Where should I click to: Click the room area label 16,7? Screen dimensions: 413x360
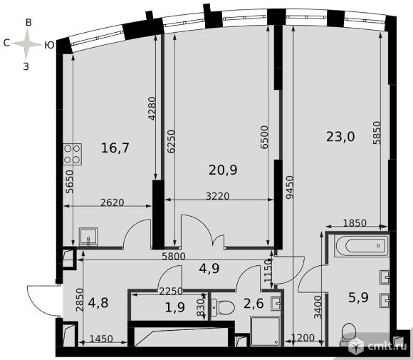[x=115, y=148]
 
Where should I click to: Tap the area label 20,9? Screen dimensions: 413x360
[x=223, y=170]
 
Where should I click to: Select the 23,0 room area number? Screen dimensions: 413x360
[x=340, y=137]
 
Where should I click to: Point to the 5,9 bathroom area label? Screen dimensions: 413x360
[x=358, y=297]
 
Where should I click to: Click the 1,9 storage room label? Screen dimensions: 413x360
[x=175, y=307]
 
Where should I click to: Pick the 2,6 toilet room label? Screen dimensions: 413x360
[x=253, y=303]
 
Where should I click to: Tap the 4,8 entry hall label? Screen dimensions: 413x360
[x=98, y=303]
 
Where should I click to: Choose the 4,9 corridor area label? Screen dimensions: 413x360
[x=209, y=269]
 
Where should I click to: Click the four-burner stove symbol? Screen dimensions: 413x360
[x=73, y=154]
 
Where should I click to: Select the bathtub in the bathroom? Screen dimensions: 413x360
[x=362, y=246]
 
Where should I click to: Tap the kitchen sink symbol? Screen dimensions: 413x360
[x=88, y=237]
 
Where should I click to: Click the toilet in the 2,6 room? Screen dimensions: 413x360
[x=223, y=307]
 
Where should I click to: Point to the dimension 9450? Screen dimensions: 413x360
[x=290, y=187]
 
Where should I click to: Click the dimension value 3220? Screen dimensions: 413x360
[x=218, y=196]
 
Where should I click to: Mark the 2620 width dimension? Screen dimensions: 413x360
[x=113, y=202]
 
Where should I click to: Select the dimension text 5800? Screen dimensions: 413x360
[x=174, y=256]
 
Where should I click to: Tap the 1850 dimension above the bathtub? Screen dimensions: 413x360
[x=355, y=223]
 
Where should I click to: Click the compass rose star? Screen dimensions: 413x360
[x=26, y=43]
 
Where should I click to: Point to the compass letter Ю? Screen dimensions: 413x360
[x=49, y=46]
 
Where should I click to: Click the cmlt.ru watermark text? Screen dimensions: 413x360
[x=387, y=346]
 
